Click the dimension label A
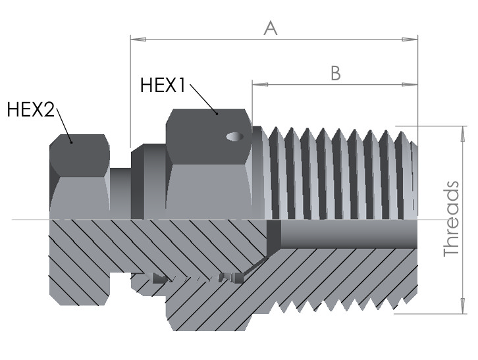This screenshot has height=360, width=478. click(x=271, y=28)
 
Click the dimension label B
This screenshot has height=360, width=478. click(x=336, y=73)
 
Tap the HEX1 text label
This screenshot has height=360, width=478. click(x=163, y=85)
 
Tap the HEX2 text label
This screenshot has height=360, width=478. click(x=30, y=109)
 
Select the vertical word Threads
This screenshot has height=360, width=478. click(x=452, y=219)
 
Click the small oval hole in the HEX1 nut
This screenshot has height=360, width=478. click(x=235, y=136)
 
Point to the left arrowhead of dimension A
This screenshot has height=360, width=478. click(x=138, y=39)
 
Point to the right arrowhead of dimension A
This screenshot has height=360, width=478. click(x=410, y=39)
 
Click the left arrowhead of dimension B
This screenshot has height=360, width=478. click(x=260, y=84)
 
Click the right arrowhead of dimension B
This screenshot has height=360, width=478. click(x=410, y=84)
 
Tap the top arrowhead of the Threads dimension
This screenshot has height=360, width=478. click(x=462, y=134)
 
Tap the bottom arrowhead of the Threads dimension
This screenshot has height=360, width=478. click(x=462, y=305)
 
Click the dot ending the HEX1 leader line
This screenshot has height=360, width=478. click(x=217, y=113)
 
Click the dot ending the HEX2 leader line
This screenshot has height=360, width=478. click(x=71, y=142)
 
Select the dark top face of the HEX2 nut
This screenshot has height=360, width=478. click(x=80, y=155)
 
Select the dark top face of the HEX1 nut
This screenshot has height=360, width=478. click(x=209, y=137)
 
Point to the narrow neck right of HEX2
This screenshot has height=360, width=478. click(x=120, y=193)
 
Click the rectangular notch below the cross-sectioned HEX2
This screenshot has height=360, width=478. click(x=120, y=289)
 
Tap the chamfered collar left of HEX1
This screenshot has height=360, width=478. click(x=148, y=182)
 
